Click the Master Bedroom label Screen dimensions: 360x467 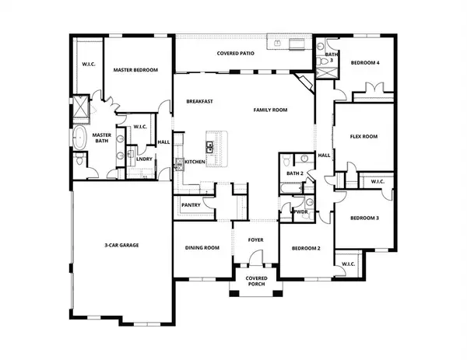pos(135,70)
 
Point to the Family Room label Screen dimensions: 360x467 pos(270,110)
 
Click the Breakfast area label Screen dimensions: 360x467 pos(199,102)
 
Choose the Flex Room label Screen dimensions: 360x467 pos(363,136)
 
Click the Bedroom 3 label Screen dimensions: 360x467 pos(363,218)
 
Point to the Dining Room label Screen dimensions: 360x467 pos(202,248)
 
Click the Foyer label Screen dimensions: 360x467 pos(256,240)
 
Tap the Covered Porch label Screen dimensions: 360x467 pos(256,281)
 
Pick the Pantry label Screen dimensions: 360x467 pos(191,205)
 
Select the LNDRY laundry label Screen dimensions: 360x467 pos(144,159)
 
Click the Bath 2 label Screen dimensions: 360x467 pos(293,173)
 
